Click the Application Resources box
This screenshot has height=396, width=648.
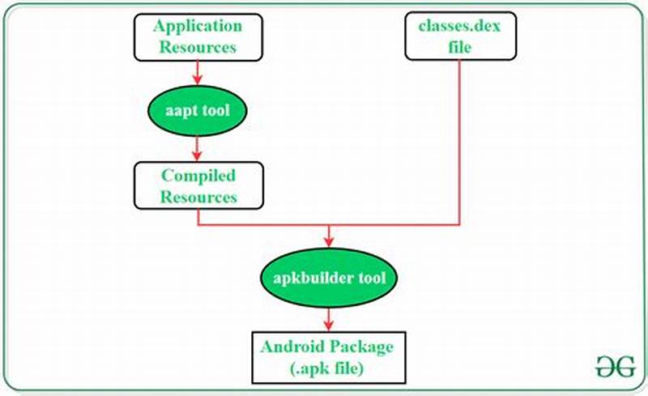point(197,36)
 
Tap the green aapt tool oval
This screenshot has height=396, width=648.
point(197,111)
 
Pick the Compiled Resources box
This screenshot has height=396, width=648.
point(198,185)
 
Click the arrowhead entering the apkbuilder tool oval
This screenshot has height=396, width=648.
point(328,241)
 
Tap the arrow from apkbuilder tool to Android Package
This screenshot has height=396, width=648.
point(328,317)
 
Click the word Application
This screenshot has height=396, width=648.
point(197,26)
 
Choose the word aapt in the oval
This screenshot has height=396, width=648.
point(178,111)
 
